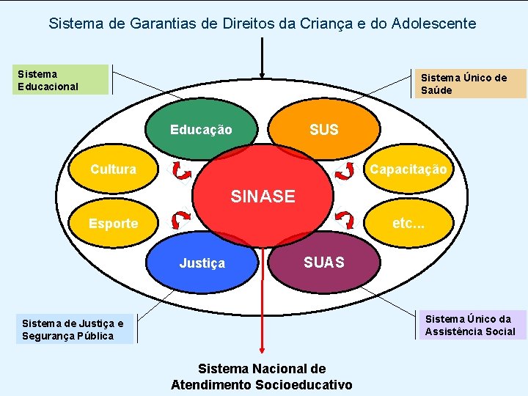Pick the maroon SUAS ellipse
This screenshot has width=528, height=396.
(323, 263)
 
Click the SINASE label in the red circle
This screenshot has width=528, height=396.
(263, 197)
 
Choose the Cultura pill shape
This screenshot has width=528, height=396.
(113, 169)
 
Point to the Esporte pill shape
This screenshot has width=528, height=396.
(113, 224)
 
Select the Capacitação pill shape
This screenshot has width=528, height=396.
(408, 169)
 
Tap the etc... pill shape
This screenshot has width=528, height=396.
(408, 223)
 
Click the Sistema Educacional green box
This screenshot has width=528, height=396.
(62, 80)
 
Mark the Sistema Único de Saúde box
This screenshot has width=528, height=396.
(471, 84)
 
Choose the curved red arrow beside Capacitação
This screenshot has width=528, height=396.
(343, 171)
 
